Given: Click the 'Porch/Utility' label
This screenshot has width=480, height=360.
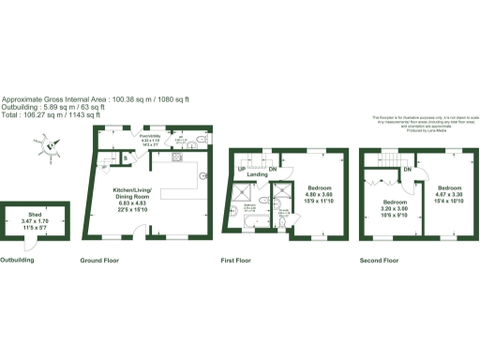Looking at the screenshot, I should click(150, 136).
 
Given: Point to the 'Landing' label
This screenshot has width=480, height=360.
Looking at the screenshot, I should click(259, 174).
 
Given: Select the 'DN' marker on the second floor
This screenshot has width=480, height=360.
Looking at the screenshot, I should click(408, 169).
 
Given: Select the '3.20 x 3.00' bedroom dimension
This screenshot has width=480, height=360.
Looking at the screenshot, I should click(395, 209).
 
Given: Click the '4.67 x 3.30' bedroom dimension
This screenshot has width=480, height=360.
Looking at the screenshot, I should click(447, 195).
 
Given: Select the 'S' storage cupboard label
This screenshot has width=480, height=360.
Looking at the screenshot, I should click(127, 157).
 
